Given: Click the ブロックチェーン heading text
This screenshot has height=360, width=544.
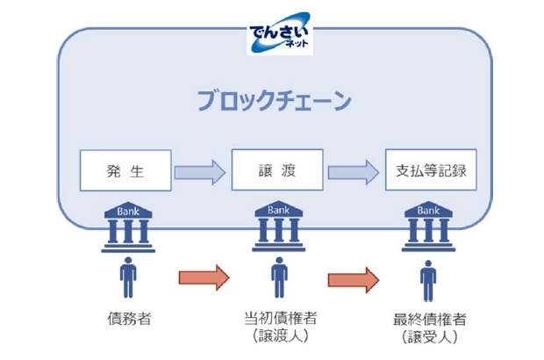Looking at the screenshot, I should click(x=273, y=99).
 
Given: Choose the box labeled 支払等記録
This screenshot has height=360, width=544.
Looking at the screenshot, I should click(x=431, y=171).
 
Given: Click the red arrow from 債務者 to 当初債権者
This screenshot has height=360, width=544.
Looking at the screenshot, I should click(x=203, y=279).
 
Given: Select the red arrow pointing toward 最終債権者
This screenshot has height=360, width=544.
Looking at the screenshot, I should click(x=354, y=279).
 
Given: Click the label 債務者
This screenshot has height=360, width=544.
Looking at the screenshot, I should click(x=125, y=317).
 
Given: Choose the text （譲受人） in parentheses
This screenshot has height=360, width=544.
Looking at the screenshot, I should click(x=429, y=337).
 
